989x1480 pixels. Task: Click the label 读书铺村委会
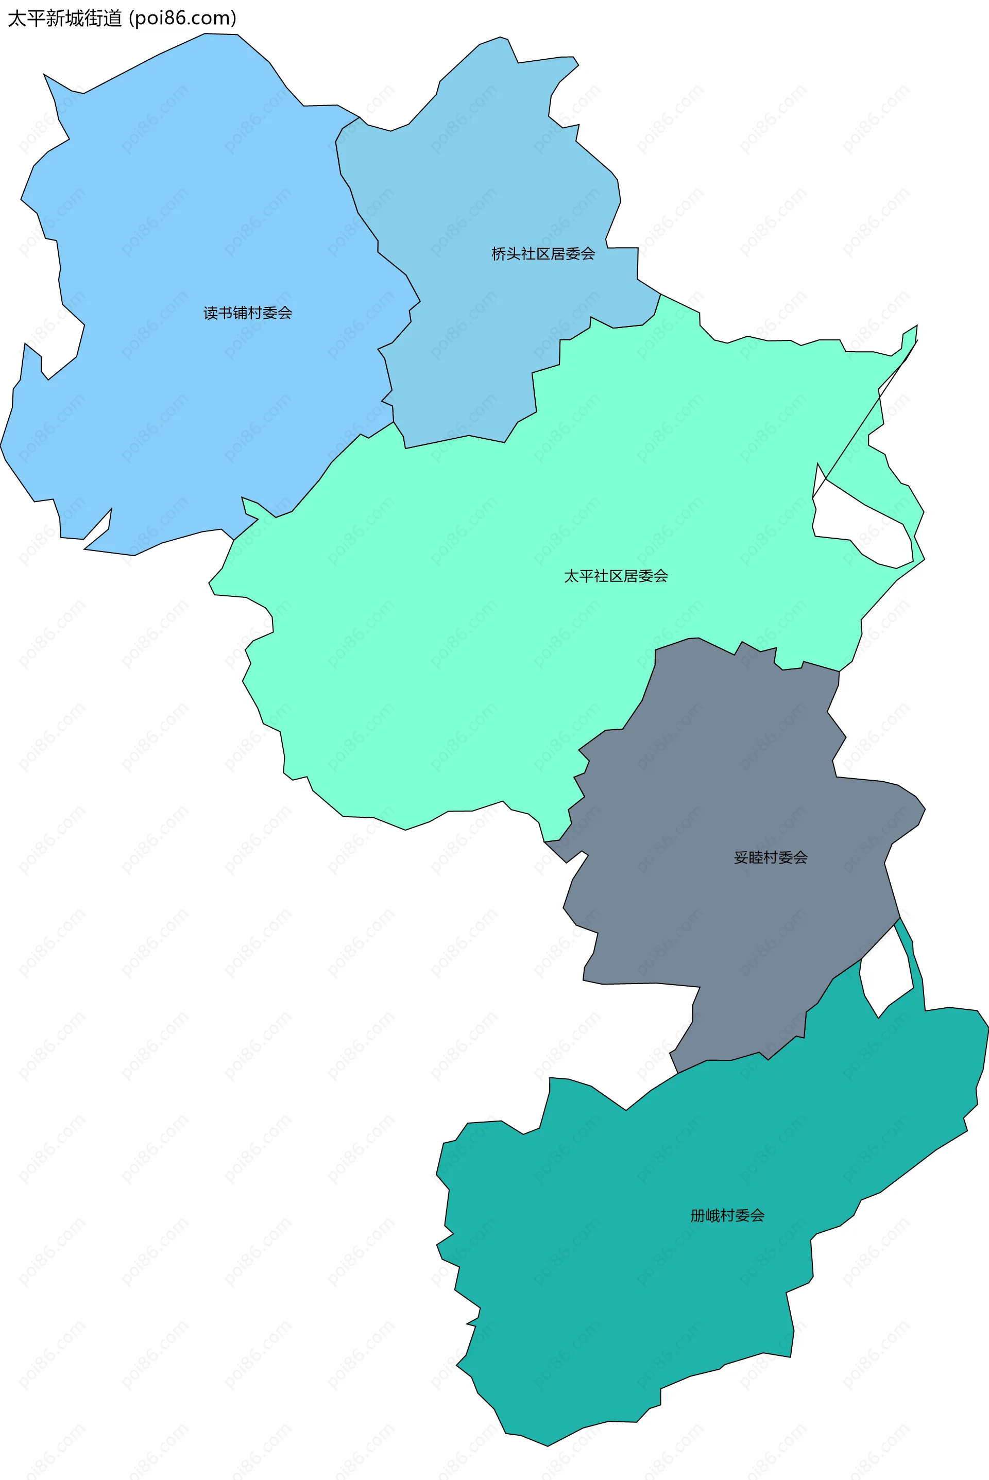click(x=247, y=313)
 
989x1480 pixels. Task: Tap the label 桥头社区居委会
click(x=543, y=253)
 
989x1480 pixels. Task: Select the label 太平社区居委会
click(x=616, y=576)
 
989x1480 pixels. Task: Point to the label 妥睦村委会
click(x=771, y=857)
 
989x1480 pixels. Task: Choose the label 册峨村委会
click(x=727, y=1215)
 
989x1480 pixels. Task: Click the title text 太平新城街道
click(x=64, y=19)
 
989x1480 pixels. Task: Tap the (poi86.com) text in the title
click(x=182, y=19)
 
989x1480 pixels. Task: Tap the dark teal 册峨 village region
click(x=630, y=1293)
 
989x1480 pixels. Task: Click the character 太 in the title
click(x=17, y=19)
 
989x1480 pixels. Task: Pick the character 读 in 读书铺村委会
click(x=211, y=313)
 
